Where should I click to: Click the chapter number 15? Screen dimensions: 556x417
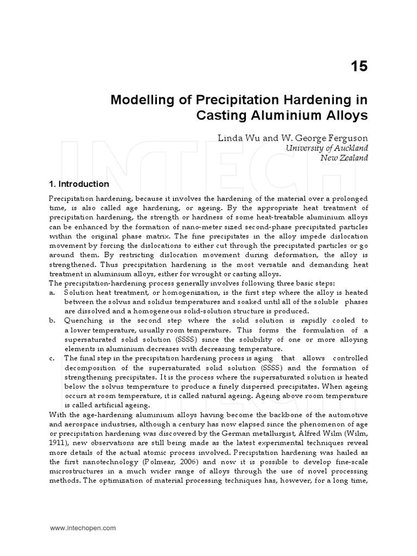tap(359, 66)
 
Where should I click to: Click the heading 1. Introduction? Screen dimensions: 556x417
tap(79, 184)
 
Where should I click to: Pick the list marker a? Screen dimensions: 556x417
tap(52, 293)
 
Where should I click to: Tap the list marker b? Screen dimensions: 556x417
tap(52, 320)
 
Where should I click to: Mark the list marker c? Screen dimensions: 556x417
tap(52, 358)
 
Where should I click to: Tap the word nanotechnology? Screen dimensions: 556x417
tap(93, 452)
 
